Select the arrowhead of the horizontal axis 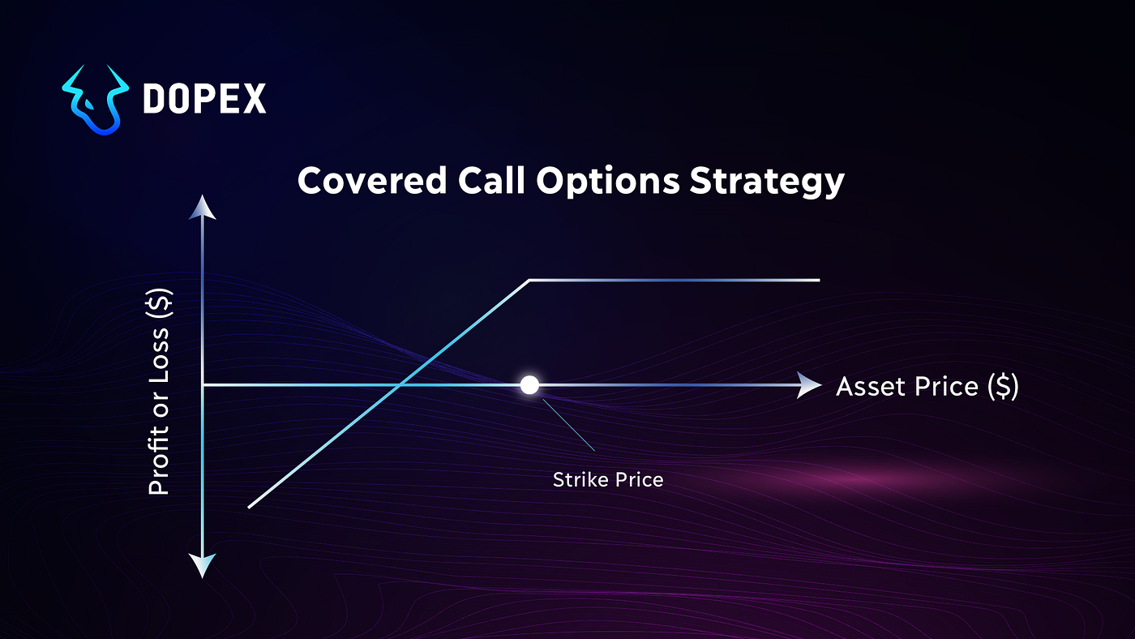[x=807, y=385]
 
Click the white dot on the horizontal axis [x=529, y=385]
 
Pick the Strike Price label [x=608, y=480]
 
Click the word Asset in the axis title [x=869, y=387]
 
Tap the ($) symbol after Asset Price [x=1003, y=387]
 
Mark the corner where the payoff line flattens [x=529, y=281]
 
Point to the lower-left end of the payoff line [x=250, y=507]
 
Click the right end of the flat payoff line [x=819, y=281]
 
